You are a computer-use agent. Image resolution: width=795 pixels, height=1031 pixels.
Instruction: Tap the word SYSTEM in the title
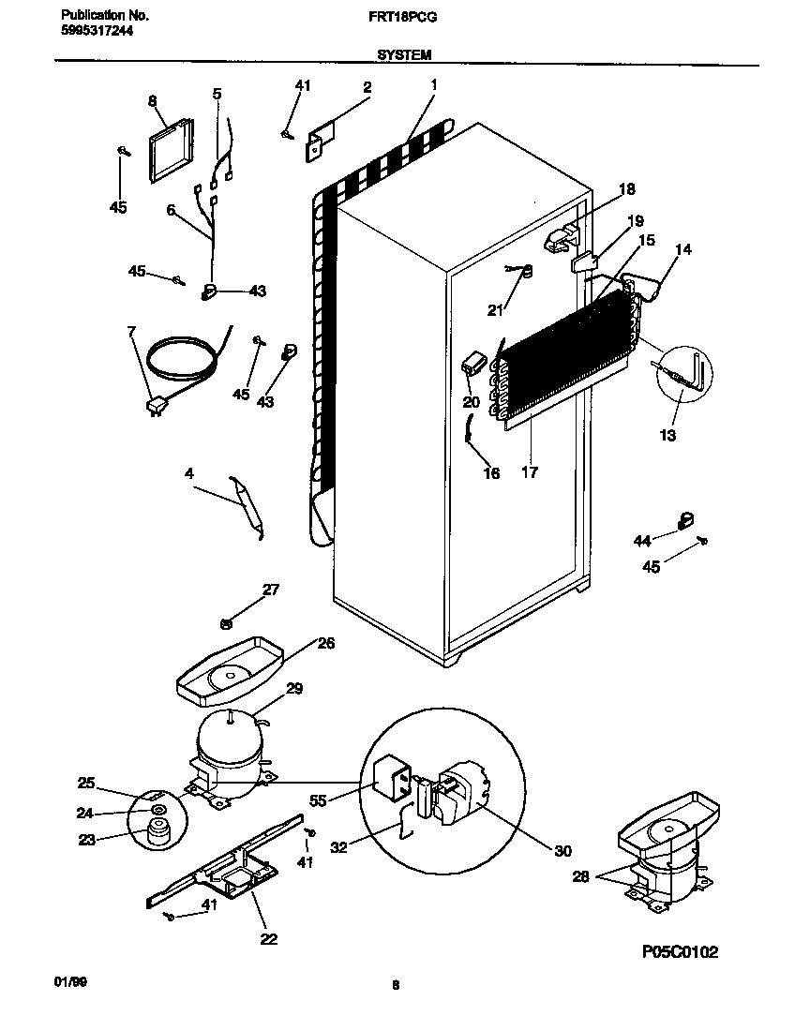tap(404, 55)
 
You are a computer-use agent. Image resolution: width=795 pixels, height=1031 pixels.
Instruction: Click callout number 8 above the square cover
tap(152, 99)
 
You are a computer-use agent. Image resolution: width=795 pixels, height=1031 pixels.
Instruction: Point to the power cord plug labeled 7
tap(153, 405)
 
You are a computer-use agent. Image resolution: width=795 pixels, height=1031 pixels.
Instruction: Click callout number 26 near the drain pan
tap(324, 643)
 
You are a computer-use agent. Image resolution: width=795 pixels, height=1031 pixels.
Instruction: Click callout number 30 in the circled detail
tap(562, 850)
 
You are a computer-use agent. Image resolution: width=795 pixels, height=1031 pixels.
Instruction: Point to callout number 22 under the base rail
tap(268, 938)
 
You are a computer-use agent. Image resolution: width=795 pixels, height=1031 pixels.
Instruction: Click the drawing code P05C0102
tap(680, 952)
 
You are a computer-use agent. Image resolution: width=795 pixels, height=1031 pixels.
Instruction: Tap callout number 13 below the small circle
tap(667, 435)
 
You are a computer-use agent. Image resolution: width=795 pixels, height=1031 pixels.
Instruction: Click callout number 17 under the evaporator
tap(530, 472)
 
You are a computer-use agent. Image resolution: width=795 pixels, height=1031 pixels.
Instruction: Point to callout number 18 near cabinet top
tap(626, 189)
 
